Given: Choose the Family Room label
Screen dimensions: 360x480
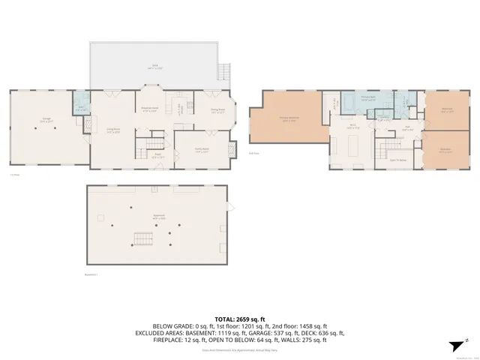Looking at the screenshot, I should click(x=202, y=149).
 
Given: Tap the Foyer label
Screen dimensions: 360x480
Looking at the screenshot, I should click(x=158, y=157).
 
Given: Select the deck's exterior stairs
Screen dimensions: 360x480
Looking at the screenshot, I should click(x=222, y=73).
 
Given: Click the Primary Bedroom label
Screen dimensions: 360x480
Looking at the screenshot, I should click(x=288, y=117).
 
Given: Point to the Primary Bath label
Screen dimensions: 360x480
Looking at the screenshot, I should click(x=368, y=98).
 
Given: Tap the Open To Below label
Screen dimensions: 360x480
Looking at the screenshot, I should click(x=398, y=160).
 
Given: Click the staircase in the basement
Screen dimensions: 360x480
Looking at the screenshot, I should click(x=143, y=240).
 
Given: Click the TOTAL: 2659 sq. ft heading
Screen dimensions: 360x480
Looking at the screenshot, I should click(x=239, y=318).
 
